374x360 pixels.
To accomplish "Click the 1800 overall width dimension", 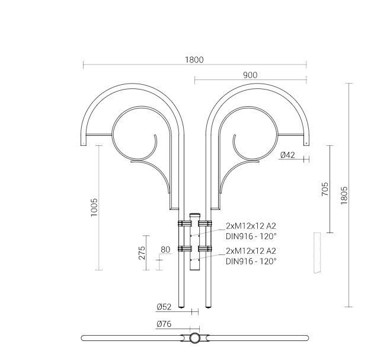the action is pyautogui.click(x=194, y=60).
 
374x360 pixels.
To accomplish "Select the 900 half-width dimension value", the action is pyautogui.click(x=250, y=75).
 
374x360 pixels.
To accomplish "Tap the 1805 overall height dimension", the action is pyautogui.click(x=344, y=195).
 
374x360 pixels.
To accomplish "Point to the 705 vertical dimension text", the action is pyautogui.click(x=325, y=189).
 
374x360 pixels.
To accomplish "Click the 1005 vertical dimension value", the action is pyautogui.click(x=94, y=207).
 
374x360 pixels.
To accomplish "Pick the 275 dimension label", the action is pyautogui.click(x=142, y=253).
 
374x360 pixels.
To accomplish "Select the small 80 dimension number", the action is pyautogui.click(x=165, y=250).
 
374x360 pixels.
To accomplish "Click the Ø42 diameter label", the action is pyautogui.click(x=287, y=155).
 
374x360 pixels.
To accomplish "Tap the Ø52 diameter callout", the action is pyautogui.click(x=164, y=307).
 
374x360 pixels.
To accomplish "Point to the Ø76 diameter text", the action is pyautogui.click(x=164, y=324).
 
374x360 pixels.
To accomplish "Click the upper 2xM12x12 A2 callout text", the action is pyautogui.click(x=251, y=225).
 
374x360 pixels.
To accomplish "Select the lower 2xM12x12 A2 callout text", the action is pyautogui.click(x=251, y=251).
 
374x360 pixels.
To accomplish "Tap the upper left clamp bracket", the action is pyautogui.click(x=184, y=224).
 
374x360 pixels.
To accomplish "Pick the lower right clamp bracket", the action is pyautogui.click(x=205, y=249).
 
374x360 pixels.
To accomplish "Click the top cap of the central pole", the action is pyautogui.click(x=194, y=215).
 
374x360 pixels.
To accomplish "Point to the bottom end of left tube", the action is pyautogui.click(x=181, y=307).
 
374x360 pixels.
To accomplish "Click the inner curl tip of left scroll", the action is pyautogui.click(x=155, y=136).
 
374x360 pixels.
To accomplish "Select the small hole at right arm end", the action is pyautogui.click(x=306, y=144).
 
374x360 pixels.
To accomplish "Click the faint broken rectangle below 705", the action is pyautogui.click(x=317, y=253).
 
